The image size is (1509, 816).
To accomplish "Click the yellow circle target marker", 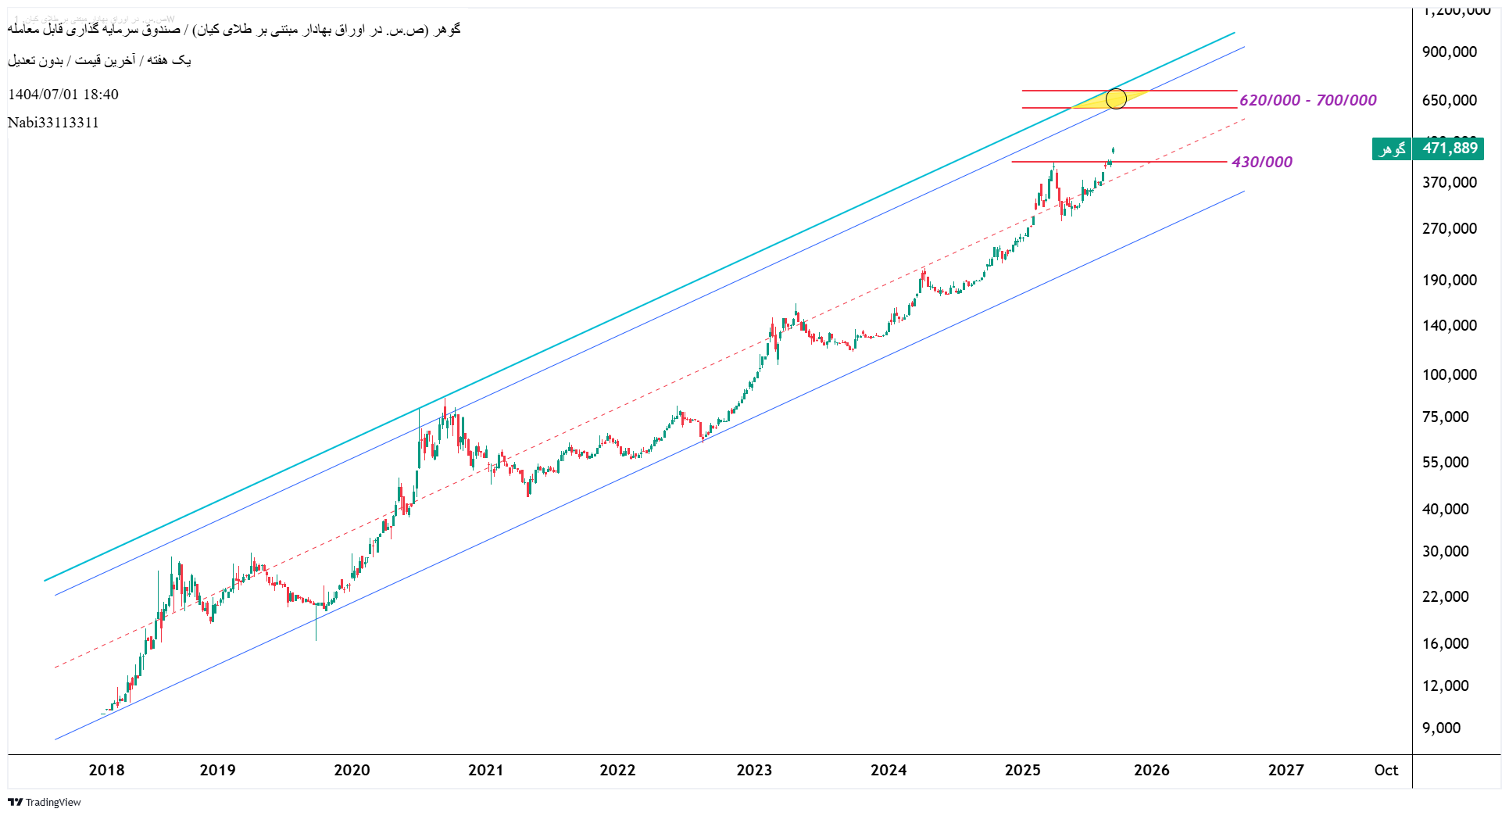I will click(1116, 99).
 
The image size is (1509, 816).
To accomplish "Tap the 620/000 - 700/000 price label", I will click(1307, 100).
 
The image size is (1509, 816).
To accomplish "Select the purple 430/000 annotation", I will click(1261, 162).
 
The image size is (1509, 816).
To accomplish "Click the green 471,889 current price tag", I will click(1449, 149).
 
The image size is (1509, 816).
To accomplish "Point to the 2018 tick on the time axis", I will click(107, 770).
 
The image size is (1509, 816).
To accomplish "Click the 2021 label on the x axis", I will click(485, 770).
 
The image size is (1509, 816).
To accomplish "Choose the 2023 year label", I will click(754, 770).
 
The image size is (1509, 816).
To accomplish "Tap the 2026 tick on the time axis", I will click(1151, 770).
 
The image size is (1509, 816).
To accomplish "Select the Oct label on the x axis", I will click(1386, 770).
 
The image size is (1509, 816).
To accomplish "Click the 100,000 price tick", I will click(1449, 374).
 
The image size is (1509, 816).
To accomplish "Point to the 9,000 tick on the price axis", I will click(1441, 728).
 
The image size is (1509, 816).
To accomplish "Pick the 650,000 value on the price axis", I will click(1449, 100).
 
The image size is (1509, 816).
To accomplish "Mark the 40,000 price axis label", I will click(1445, 509).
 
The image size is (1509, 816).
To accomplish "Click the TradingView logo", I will click(45, 802).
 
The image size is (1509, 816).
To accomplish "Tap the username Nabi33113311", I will click(53, 123).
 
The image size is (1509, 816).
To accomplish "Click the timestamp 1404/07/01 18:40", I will click(63, 95).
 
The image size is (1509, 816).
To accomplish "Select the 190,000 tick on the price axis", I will click(1449, 280).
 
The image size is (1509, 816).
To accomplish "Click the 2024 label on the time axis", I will click(889, 770).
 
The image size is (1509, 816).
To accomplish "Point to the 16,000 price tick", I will click(1445, 643).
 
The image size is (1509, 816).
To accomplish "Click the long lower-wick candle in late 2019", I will click(316, 625).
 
